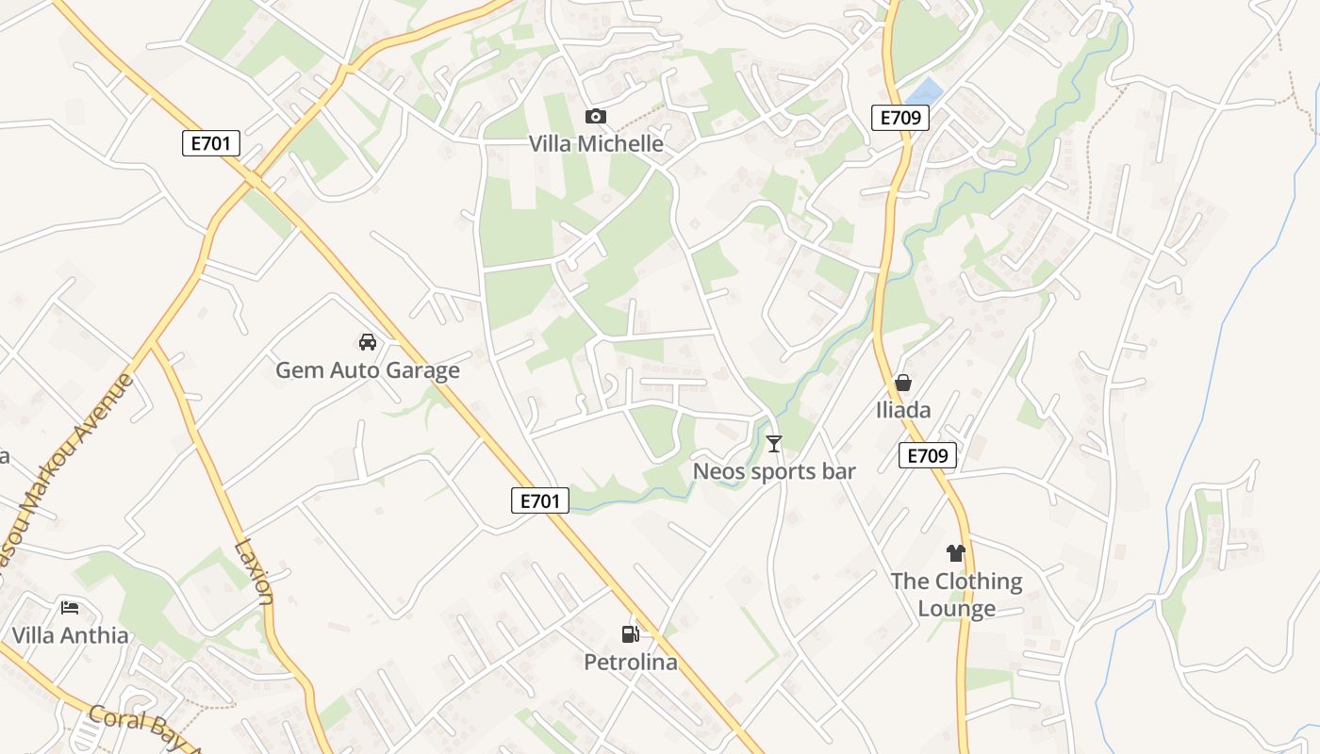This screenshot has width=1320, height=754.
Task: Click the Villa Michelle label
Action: [x=596, y=144]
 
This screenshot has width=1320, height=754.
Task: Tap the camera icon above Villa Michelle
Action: [x=595, y=117]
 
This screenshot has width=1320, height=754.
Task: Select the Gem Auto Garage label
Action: [x=368, y=370]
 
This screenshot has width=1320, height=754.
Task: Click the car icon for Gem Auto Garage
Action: [x=368, y=341]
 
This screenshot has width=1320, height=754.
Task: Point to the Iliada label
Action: [x=902, y=410]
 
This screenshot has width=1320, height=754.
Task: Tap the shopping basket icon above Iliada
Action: [x=902, y=383]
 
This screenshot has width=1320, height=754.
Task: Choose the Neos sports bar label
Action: [x=774, y=471]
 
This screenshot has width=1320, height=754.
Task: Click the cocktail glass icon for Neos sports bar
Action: [x=774, y=443]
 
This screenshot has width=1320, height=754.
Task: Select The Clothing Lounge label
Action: [x=957, y=595]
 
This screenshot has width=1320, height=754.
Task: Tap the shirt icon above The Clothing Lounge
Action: [x=956, y=553]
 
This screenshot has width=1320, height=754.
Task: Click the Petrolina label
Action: [x=631, y=663]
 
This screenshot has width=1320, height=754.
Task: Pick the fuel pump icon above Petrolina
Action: [x=630, y=634]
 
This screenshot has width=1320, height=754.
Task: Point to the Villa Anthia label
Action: [x=70, y=635]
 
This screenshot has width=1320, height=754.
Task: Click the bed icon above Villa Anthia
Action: [x=70, y=607]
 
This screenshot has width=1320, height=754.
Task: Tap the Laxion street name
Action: [x=253, y=571]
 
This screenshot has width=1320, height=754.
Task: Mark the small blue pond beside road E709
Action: [x=924, y=92]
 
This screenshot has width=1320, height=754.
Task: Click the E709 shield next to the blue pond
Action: [x=899, y=118]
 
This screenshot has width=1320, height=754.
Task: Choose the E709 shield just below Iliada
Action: [x=927, y=456]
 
